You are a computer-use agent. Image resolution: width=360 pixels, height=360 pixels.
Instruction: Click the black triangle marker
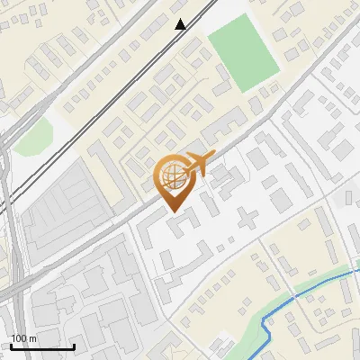coord(181,24)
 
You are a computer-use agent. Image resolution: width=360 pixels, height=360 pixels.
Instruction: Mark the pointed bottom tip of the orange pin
coord(172,212)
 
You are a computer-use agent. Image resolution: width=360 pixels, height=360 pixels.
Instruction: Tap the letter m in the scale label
coord(32,338)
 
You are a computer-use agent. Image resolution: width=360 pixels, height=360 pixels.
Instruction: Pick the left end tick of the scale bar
coord(10,346)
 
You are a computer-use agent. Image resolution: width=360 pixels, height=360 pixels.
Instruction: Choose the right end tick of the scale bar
coord(74,346)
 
